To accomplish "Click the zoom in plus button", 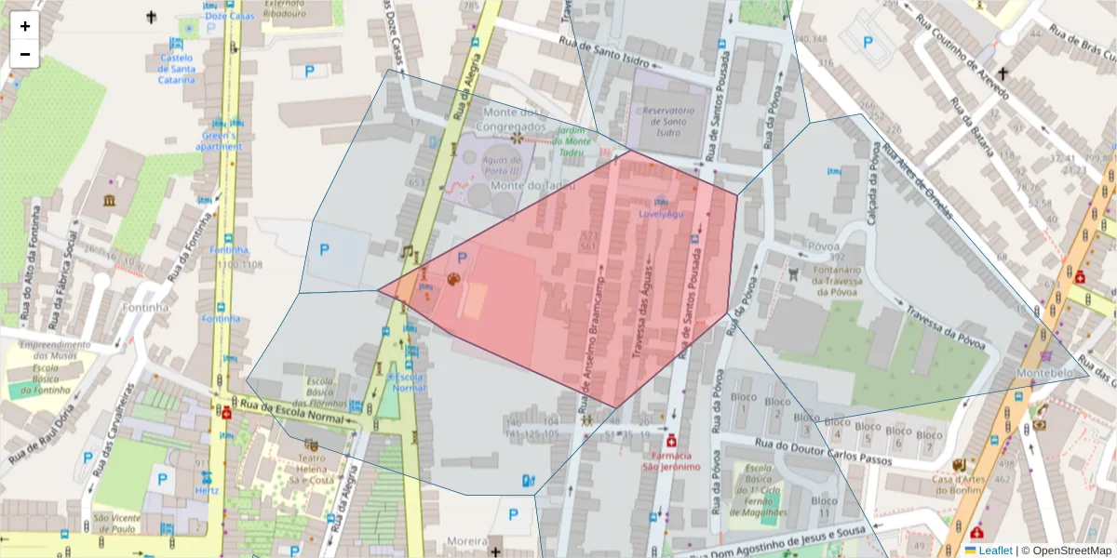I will coord(25,26).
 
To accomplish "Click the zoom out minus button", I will coord(25,54).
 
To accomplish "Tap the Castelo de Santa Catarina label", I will coord(176,68).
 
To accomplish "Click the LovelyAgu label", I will coord(661,214).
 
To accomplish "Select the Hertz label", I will coord(207,490).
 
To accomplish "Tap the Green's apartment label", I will coord(220,140).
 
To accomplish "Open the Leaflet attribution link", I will coord(995,551).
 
